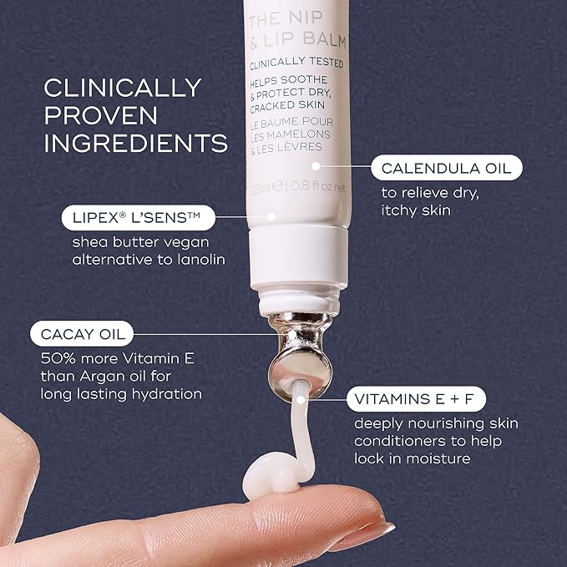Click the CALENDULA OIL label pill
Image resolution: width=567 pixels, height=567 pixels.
click(x=447, y=168)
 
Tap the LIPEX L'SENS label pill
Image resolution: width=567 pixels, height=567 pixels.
click(x=139, y=218)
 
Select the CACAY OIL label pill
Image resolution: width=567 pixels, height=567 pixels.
click(x=82, y=334)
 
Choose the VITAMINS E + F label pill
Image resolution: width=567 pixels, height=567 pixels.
click(x=416, y=399)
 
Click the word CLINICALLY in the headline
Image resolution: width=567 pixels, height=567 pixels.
click(x=122, y=88)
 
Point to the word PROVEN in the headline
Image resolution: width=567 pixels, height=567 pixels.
click(x=100, y=115)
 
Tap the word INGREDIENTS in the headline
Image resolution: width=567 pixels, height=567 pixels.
click(x=135, y=143)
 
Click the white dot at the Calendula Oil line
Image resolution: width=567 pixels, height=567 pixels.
click(x=316, y=166)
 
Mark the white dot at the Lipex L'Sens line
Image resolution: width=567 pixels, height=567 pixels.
click(x=271, y=216)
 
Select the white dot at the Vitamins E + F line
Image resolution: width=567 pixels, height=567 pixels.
click(x=301, y=400)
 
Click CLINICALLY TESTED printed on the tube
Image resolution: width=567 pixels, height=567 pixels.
click(x=296, y=63)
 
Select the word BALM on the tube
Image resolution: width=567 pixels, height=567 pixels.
click(x=324, y=39)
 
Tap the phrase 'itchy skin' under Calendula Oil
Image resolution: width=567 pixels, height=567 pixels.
click(x=416, y=210)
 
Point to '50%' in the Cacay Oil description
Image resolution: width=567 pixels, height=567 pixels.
click(x=58, y=358)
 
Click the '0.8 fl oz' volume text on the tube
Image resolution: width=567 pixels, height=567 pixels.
click(x=310, y=186)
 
